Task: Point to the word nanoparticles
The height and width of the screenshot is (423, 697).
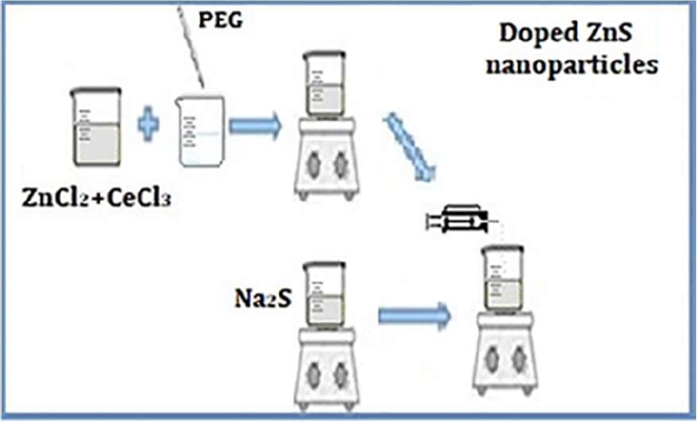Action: click(x=570, y=64)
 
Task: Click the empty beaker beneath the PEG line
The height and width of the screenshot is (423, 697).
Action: click(x=199, y=128)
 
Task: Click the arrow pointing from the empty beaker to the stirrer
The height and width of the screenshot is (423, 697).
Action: click(x=254, y=126)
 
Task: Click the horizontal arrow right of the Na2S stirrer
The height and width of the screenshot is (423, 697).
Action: click(x=413, y=315)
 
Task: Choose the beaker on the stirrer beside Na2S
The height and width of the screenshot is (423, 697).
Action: click(x=324, y=292)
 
